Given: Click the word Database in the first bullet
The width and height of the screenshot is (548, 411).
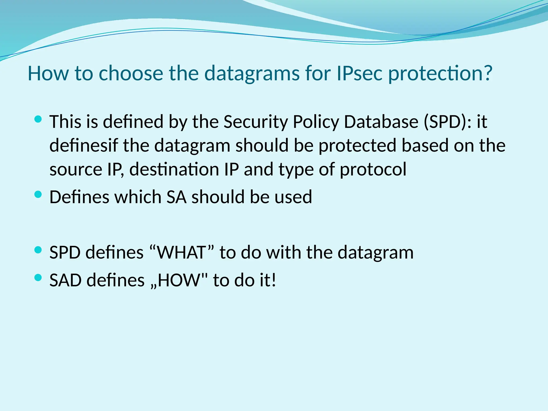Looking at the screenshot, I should click(381, 122).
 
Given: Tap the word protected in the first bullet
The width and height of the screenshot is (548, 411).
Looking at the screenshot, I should click(357, 146).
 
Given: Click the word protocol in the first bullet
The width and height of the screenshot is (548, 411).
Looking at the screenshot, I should click(373, 169).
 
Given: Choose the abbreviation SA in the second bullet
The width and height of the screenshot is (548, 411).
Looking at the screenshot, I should click(176, 197).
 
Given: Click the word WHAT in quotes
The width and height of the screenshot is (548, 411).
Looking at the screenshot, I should click(181, 252).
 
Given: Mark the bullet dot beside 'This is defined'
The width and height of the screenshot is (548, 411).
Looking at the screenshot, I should click(38, 119).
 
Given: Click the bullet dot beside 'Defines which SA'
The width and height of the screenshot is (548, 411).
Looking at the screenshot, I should click(38, 195).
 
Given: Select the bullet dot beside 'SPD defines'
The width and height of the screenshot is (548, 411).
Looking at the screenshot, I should click(38, 250).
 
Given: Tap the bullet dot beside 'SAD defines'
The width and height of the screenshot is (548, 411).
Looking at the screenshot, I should click(38, 278).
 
